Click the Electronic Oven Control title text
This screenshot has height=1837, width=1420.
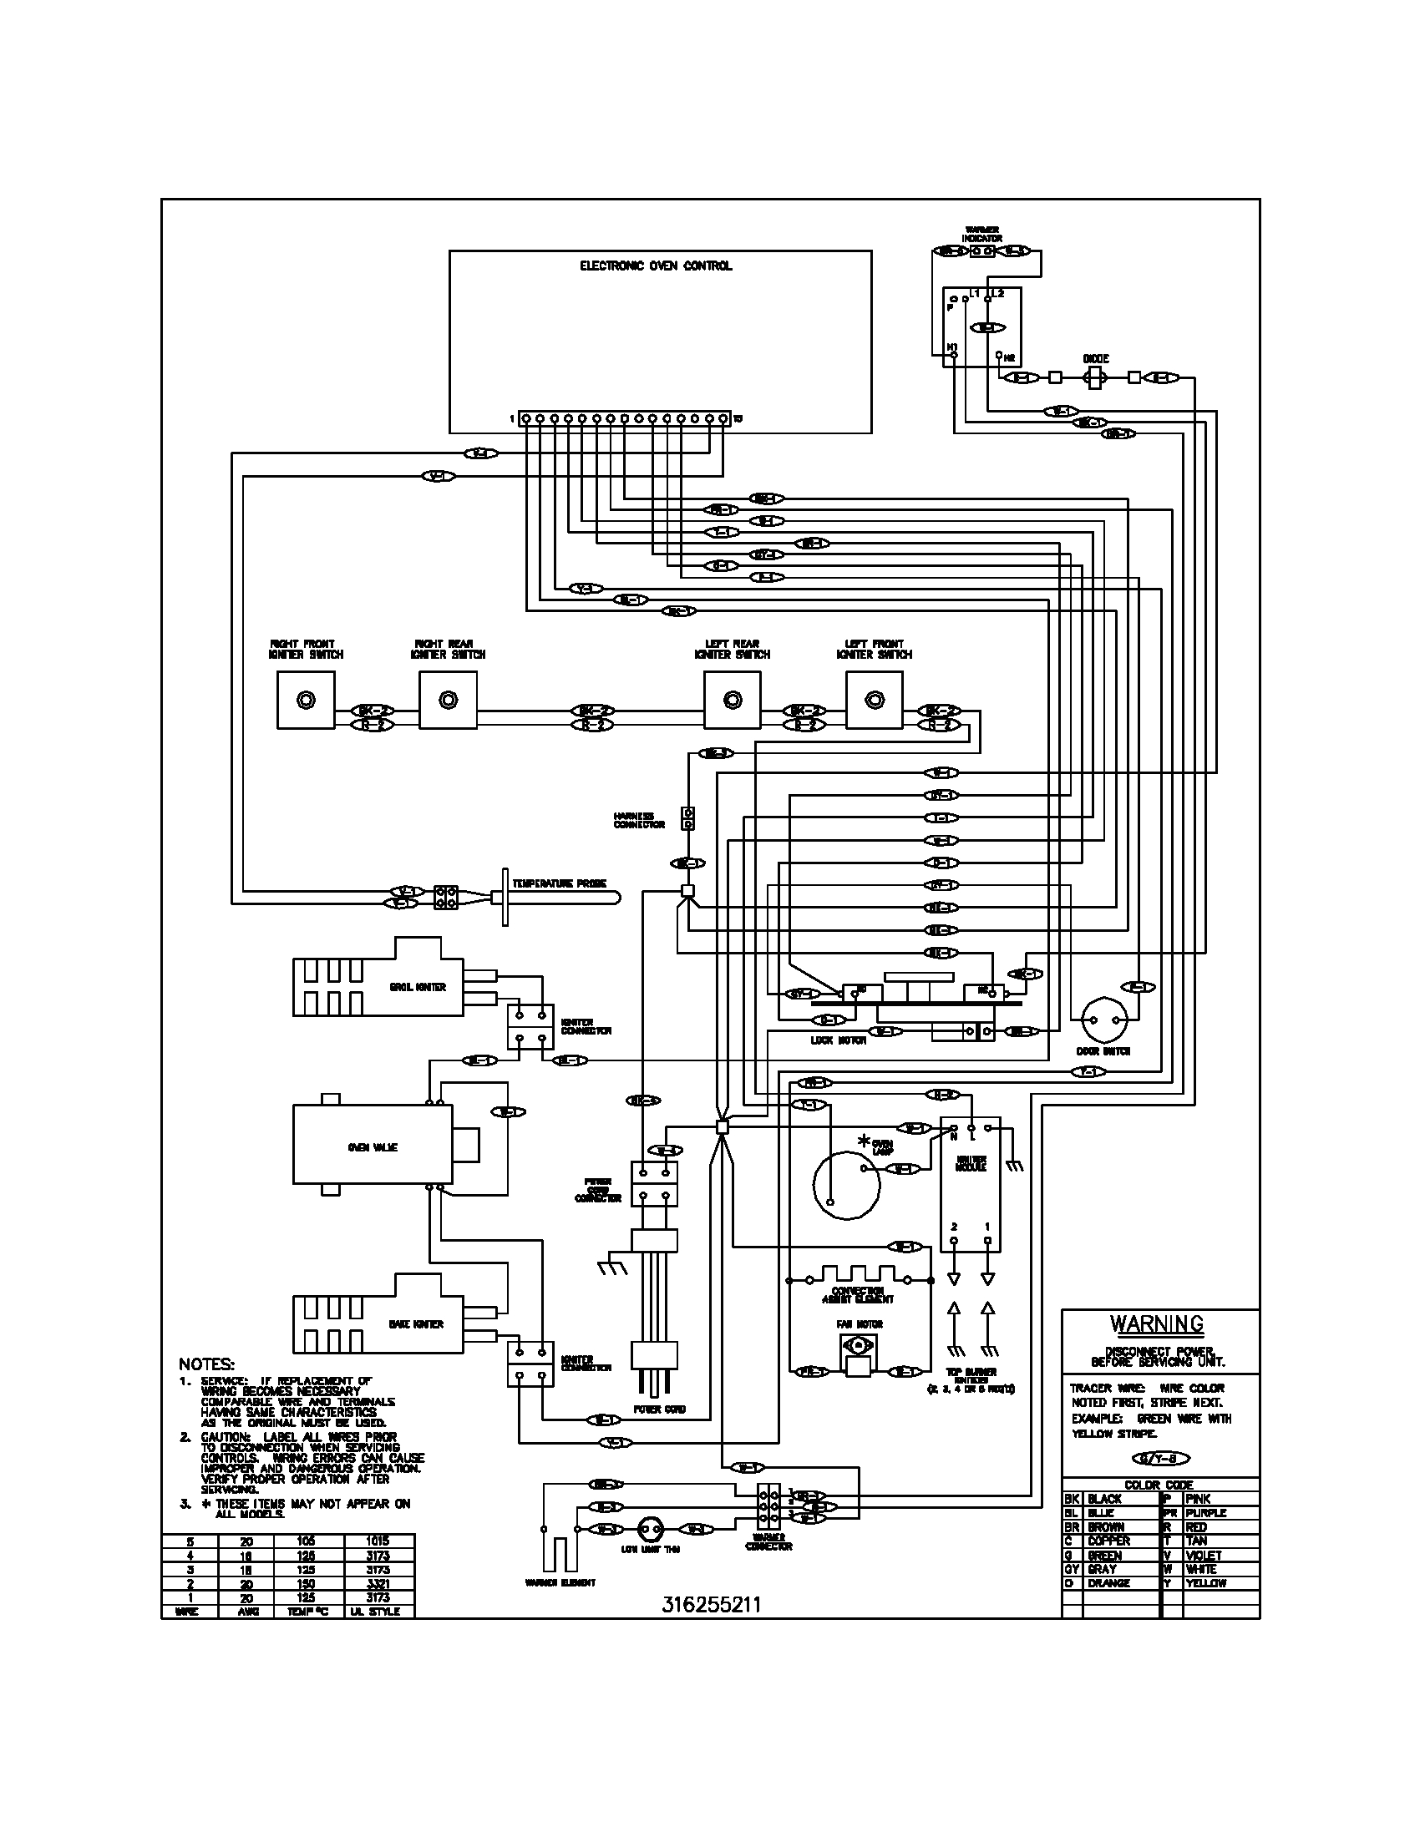pyautogui.click(x=656, y=266)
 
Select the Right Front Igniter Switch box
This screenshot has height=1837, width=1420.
pyautogui.click(x=306, y=700)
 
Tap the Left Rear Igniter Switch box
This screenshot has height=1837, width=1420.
pyautogui.click(x=732, y=700)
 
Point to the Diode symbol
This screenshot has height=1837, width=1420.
pyautogui.click(x=1094, y=378)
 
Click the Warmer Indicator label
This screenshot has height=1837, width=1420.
pyautogui.click(x=981, y=235)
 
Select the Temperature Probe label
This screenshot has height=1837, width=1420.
pyautogui.click(x=559, y=883)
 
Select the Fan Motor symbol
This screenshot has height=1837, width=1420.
pyautogui.click(x=859, y=1354)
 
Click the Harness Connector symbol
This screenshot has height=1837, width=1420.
pyautogui.click(x=688, y=818)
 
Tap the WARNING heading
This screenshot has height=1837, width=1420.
pyautogui.click(x=1157, y=1324)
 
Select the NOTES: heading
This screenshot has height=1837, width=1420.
pyautogui.click(x=206, y=1364)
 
